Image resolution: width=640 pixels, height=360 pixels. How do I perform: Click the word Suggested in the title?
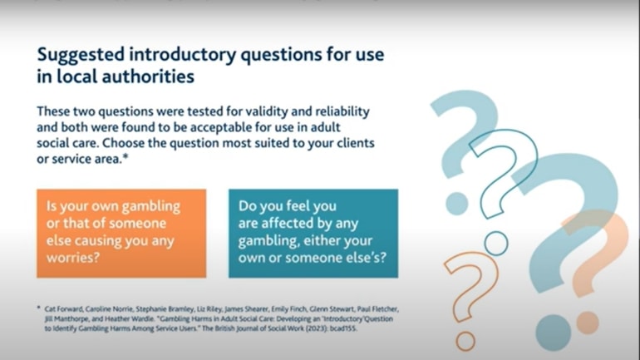click(x=81, y=55)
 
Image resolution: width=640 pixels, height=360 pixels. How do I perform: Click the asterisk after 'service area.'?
click(x=126, y=157)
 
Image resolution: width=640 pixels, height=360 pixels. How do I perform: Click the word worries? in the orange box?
click(x=73, y=258)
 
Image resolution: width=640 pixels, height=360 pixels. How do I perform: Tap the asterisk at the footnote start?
click(x=39, y=308)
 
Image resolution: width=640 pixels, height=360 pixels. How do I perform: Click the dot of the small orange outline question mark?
click(x=465, y=341)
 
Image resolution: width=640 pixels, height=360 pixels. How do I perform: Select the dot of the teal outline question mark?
click(x=496, y=244)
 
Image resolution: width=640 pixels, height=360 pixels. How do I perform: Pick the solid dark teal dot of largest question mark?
click(x=554, y=333)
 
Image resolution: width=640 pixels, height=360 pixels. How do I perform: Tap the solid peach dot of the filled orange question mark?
click(x=588, y=323)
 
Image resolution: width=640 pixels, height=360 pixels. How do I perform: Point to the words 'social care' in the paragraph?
click(x=67, y=143)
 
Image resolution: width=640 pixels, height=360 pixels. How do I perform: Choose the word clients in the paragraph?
click(x=356, y=143)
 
